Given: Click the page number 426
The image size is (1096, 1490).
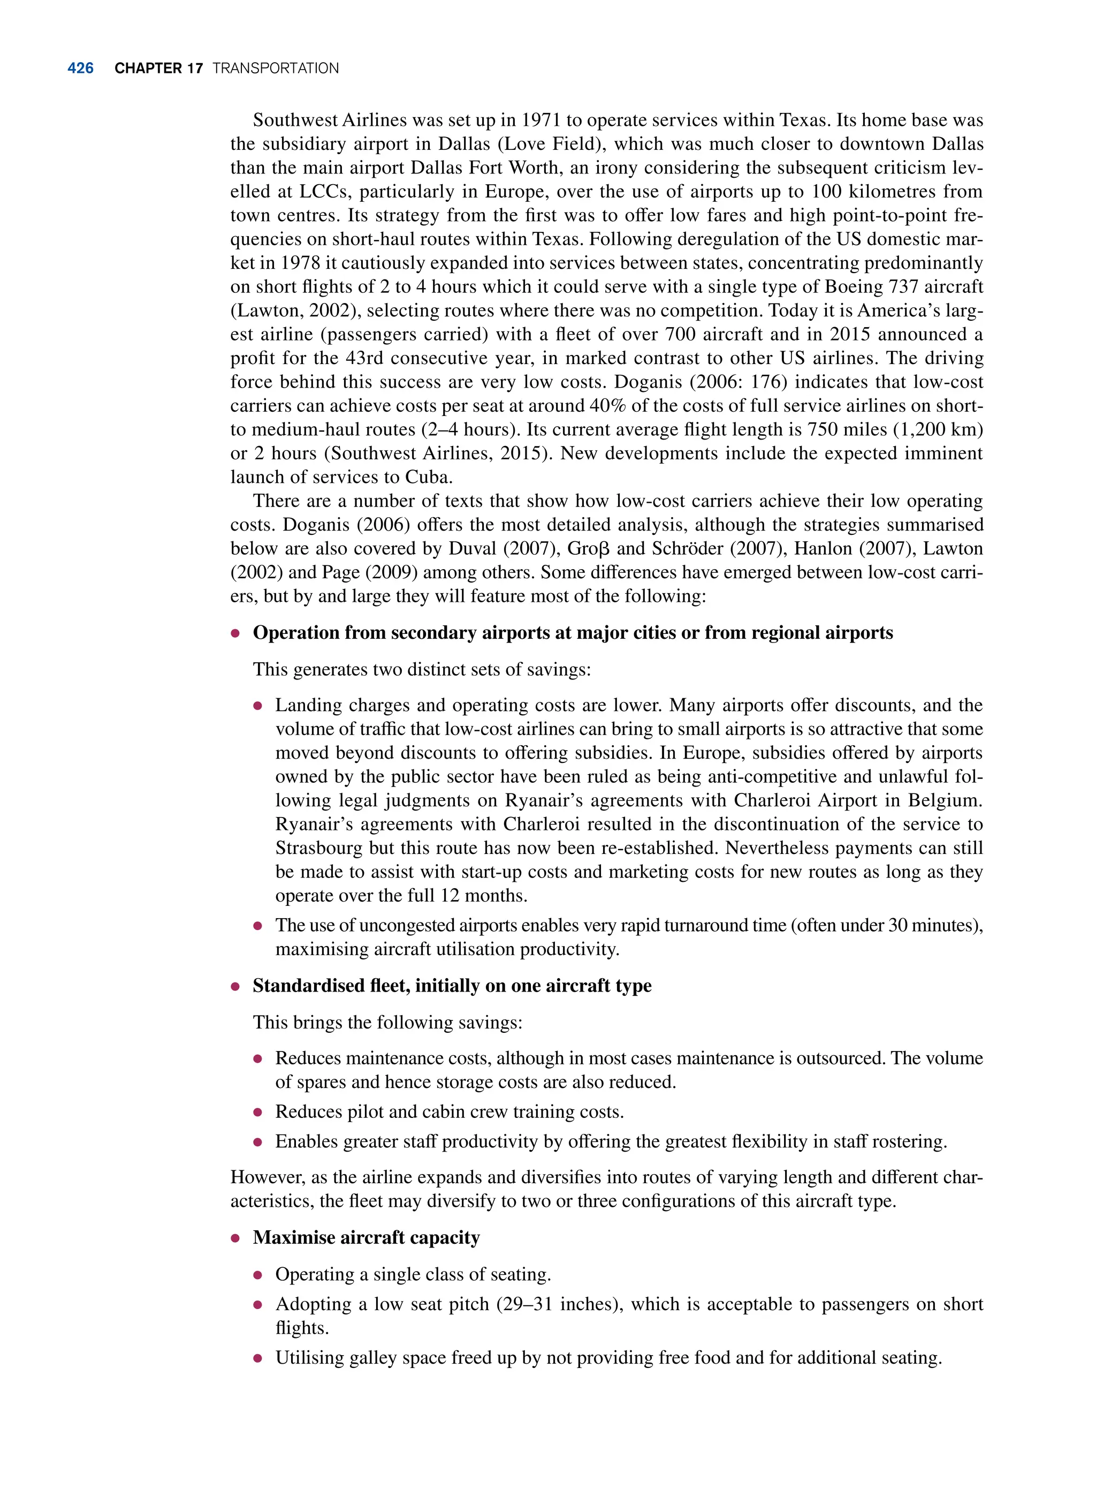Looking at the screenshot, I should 80,69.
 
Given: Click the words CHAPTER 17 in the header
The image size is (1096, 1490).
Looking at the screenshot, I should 158,69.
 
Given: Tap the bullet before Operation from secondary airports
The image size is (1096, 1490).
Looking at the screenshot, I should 235,633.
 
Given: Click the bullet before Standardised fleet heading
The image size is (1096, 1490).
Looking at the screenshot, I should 235,986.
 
